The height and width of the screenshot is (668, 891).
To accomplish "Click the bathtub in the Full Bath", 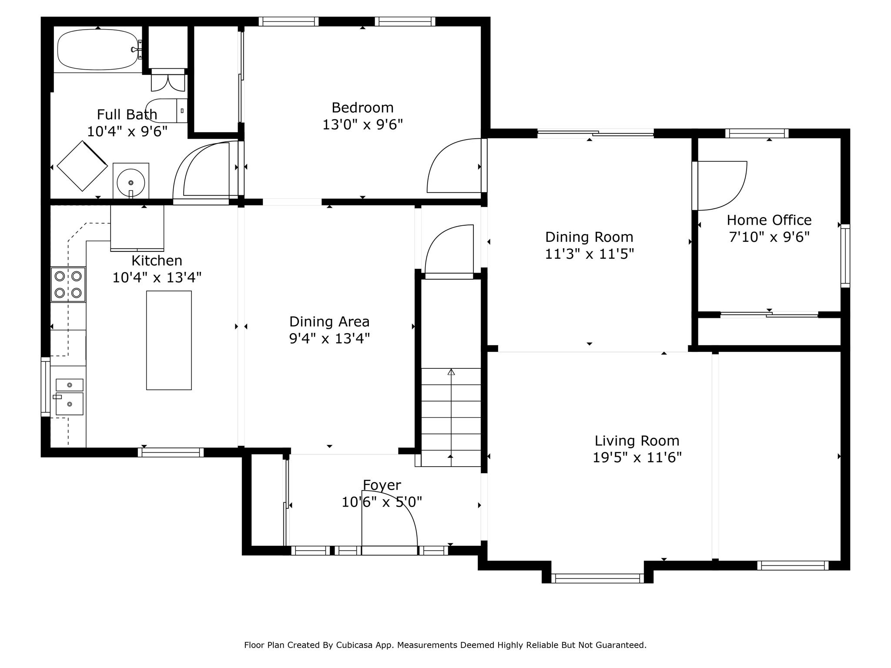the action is click(98, 50).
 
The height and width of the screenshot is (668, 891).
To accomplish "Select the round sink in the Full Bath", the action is click(131, 182).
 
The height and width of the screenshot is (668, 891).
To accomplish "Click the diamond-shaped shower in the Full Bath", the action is click(82, 166).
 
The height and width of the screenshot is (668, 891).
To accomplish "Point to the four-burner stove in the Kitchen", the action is click(68, 284).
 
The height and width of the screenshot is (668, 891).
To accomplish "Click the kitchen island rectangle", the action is click(169, 340).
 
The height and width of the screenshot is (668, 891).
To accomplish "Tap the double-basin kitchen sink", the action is click(69, 397).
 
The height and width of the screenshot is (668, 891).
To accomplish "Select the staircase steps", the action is click(451, 417).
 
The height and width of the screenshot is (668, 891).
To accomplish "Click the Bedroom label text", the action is click(362, 107).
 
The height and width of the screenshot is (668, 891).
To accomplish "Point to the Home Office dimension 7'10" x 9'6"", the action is click(769, 237).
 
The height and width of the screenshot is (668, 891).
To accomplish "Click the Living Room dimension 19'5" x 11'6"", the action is click(637, 458).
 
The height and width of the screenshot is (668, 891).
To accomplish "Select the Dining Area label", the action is click(329, 321).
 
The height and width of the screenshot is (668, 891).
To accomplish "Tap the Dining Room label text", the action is click(589, 237).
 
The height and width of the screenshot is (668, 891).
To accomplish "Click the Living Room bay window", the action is click(597, 578).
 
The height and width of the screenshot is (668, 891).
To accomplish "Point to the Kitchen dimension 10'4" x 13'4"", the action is click(157, 277).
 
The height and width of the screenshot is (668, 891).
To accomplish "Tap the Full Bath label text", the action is click(127, 114).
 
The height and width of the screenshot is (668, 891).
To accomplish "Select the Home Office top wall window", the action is click(757, 133).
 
